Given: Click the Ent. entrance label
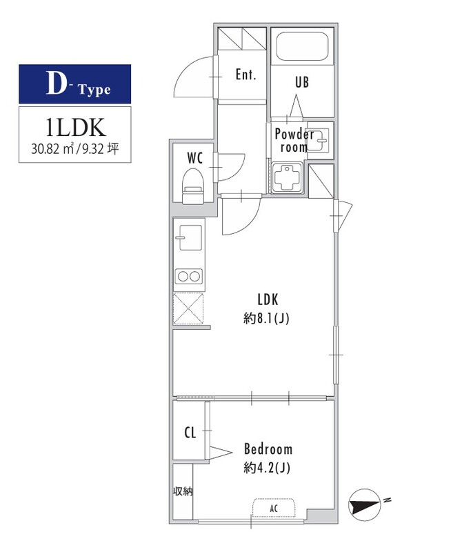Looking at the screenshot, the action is click(x=245, y=75).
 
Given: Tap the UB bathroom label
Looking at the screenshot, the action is click(x=302, y=82).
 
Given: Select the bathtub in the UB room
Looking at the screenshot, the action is click(x=302, y=46).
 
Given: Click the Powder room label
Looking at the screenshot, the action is click(x=294, y=140).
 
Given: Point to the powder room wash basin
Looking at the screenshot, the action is click(x=319, y=139).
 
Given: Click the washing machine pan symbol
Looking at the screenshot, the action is click(x=287, y=177).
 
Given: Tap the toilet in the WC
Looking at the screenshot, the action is click(x=193, y=186).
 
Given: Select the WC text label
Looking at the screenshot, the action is click(x=195, y=158).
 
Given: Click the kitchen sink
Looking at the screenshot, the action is click(x=189, y=237).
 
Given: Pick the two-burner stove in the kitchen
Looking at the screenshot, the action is click(x=190, y=277).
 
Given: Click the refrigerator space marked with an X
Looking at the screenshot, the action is click(x=189, y=308).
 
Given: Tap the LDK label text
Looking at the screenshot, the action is click(x=268, y=299).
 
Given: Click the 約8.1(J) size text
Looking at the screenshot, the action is click(x=266, y=319).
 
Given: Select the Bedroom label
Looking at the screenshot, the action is click(x=268, y=449).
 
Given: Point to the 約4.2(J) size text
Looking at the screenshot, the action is click(x=267, y=468).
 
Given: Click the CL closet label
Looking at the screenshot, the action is click(x=190, y=433).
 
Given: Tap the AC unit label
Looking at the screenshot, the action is click(x=274, y=509).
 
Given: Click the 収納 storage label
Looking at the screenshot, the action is click(x=183, y=491).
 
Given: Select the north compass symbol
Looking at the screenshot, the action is click(x=365, y=505).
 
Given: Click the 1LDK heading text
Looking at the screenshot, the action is click(x=75, y=127).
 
